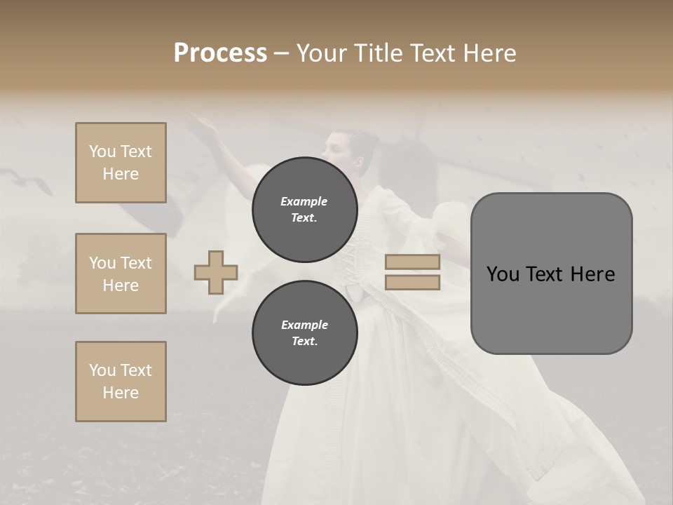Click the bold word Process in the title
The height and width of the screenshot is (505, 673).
(220, 53)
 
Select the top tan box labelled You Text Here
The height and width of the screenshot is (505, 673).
(121, 163)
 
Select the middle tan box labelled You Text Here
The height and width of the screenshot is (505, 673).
(121, 274)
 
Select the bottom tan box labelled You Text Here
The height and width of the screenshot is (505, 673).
(121, 382)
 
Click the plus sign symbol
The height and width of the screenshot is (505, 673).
(216, 272)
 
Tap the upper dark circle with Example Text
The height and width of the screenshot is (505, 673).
(304, 209)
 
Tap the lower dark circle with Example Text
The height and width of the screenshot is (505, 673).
(304, 332)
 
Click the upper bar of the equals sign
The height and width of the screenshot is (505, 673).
(412, 262)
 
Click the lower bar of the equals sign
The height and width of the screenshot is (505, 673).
(412, 283)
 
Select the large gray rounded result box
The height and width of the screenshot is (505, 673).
(551, 274)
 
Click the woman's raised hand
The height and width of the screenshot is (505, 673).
(205, 125)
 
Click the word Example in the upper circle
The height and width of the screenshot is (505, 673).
(304, 201)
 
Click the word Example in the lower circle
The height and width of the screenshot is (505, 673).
(304, 325)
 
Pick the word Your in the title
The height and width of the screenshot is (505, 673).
(322, 53)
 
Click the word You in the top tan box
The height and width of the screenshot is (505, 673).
(102, 151)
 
